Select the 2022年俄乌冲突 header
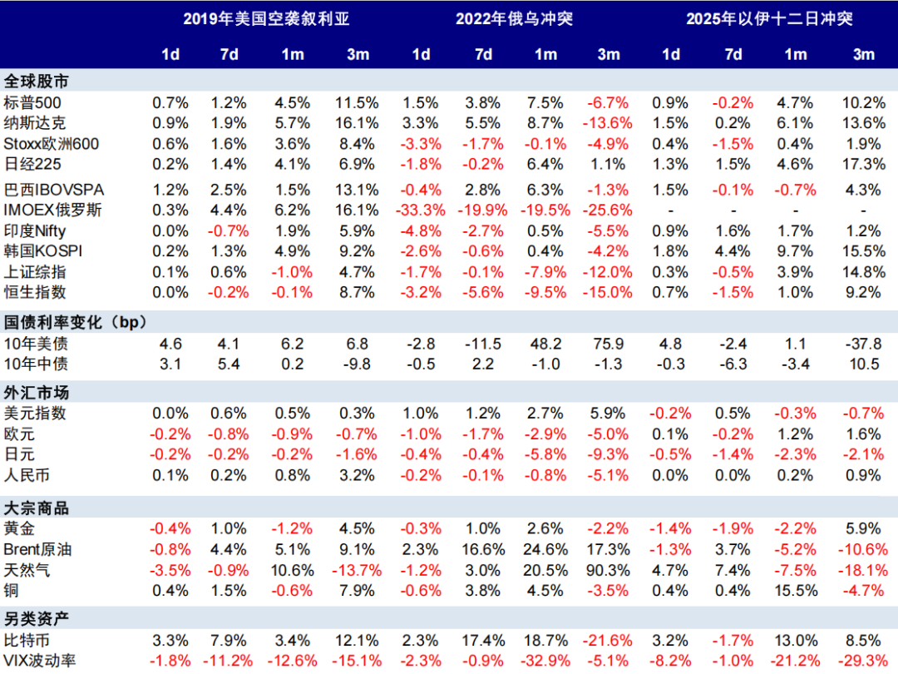point(514,18)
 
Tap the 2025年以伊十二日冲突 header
point(769,18)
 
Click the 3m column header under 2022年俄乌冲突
point(609,54)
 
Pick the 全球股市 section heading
point(37,82)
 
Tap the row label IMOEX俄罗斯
point(53,210)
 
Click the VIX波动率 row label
point(42,662)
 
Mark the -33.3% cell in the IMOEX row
point(420,210)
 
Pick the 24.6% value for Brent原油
point(545,549)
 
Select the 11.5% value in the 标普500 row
point(357,102)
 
